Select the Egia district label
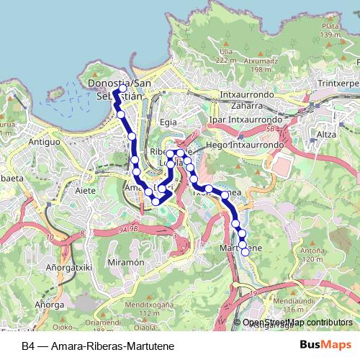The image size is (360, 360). point(168,122)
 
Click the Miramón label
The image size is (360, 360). point(122,264)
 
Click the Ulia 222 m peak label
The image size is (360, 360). point(225,56)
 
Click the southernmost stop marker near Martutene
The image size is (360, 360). point(245,251)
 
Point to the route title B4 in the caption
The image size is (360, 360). point(27,346)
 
